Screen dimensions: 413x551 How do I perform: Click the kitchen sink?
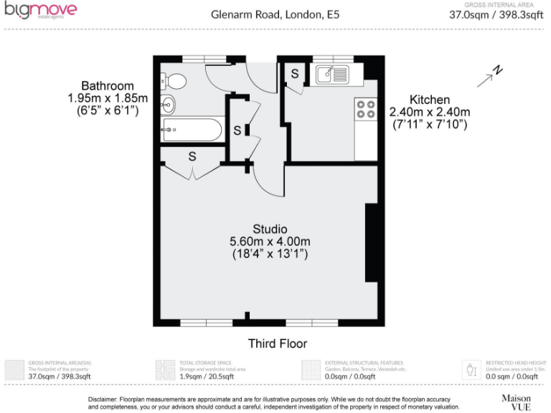pos(331,73)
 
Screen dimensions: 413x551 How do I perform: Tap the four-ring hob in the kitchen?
pos(365,108)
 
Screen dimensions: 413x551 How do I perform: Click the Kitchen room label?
pos(429,100)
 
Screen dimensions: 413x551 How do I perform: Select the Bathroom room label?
pos(107,86)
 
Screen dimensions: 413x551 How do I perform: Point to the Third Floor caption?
pos(275,343)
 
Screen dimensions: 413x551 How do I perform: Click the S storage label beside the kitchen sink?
pos(295,73)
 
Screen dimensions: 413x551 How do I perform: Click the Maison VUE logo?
pos(516,401)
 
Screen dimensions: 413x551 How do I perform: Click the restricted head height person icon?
pos(471,370)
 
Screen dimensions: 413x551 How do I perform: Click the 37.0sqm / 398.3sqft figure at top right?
pos(494,14)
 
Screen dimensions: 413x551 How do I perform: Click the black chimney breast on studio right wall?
pos(372,242)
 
